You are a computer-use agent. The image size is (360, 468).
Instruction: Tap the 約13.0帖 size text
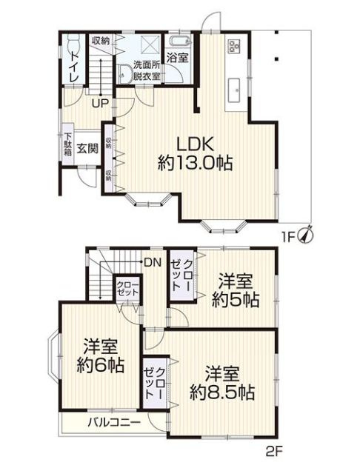[196, 164]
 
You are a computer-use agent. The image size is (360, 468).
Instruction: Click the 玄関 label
[87, 148]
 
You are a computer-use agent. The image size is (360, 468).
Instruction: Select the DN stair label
[153, 262]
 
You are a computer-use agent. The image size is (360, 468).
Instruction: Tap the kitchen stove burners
[235, 45]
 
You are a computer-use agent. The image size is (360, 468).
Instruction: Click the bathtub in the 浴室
[179, 40]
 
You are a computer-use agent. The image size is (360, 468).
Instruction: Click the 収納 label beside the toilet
[101, 41]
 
